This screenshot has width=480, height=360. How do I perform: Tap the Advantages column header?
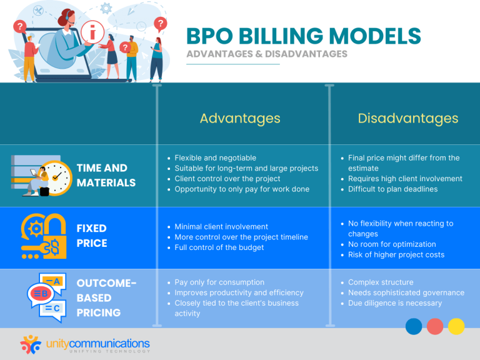tap(240, 118)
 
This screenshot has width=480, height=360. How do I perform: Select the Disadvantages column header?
tap(407, 118)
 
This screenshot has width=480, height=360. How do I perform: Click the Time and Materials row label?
tap(106, 175)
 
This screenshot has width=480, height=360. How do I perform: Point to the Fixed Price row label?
tap(92, 235)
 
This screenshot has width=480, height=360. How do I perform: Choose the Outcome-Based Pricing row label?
tap(106, 297)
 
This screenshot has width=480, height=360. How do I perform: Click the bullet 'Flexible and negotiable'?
tap(215, 158)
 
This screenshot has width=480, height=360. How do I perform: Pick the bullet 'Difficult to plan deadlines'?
tap(392, 189)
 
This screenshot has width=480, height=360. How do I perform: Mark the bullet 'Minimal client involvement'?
tap(221, 226)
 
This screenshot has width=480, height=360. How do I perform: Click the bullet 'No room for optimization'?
tap(392, 244)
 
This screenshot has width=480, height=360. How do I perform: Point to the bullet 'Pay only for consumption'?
tap(219, 282)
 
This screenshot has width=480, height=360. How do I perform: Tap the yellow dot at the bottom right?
tap(456, 326)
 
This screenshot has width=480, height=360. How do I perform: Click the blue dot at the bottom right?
tap(414, 326)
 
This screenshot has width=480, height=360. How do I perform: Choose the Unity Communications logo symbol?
tap(31, 344)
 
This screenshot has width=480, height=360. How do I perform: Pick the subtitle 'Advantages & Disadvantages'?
tap(266, 54)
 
